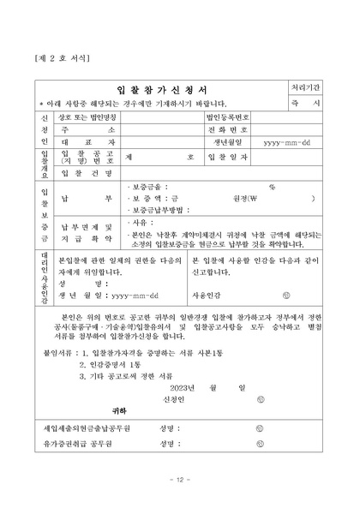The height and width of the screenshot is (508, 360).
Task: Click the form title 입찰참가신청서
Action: coord(162,88)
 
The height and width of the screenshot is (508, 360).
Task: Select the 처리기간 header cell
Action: coord(306,87)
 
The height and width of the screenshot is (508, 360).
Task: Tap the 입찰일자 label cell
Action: coord(228,158)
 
